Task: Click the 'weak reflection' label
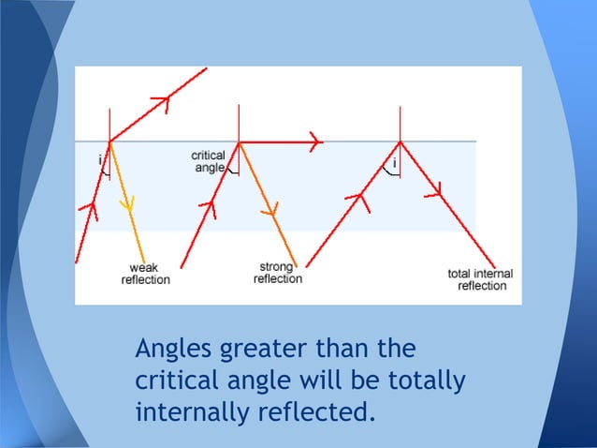pyautogui.click(x=145, y=274)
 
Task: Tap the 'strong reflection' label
pyautogui.click(x=278, y=273)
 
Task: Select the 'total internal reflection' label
pyautogui.click(x=481, y=279)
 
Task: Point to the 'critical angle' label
pyautogui.click(x=207, y=161)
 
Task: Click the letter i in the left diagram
pyautogui.click(x=100, y=160)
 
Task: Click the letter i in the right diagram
pyautogui.click(x=394, y=163)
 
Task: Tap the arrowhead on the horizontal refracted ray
pyautogui.click(x=314, y=142)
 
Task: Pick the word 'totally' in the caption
pyautogui.click(x=426, y=381)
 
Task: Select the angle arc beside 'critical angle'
pyautogui.click(x=232, y=172)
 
